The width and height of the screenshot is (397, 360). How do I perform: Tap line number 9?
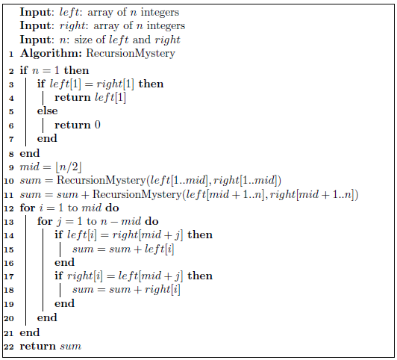(11, 167)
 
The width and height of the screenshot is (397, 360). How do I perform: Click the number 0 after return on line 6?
(97, 125)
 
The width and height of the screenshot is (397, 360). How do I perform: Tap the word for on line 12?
(27, 208)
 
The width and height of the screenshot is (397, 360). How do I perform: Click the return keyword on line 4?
(72, 97)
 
